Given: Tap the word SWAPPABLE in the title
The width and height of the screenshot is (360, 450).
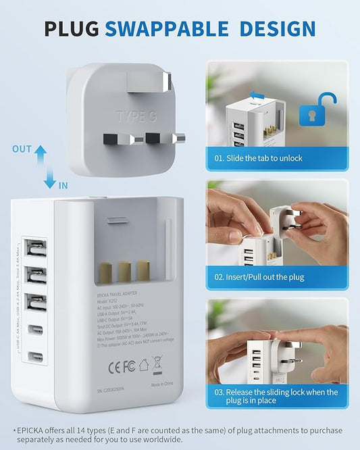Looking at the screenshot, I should pos(176,28).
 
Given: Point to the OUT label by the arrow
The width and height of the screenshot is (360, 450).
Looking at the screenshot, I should pos(22,149).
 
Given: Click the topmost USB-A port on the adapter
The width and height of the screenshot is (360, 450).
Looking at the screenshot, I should pos(34,249).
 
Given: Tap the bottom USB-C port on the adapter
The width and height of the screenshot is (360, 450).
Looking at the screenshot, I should pos(34,355).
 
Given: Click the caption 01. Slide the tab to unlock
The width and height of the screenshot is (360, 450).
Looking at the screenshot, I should pos(258,158).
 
